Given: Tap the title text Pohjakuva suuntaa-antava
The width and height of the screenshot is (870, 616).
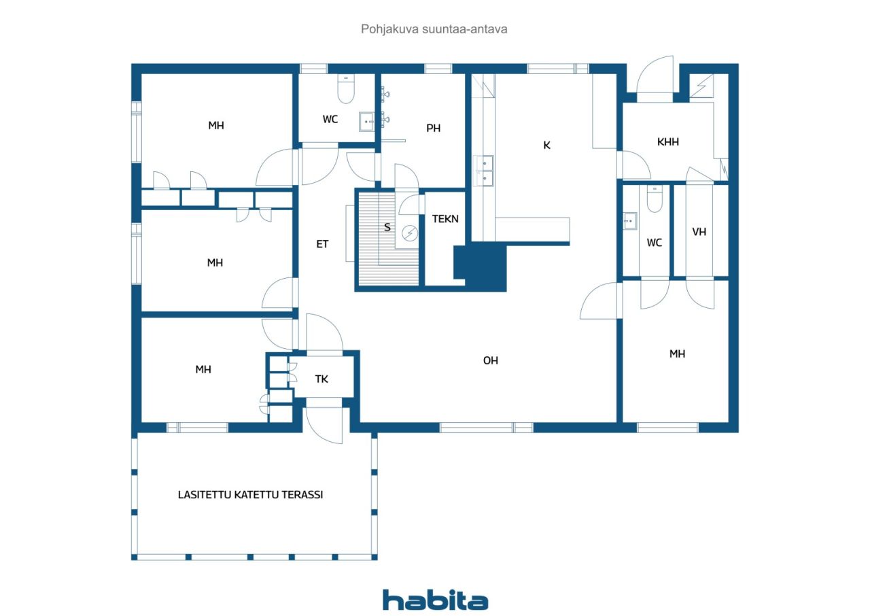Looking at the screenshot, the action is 434,29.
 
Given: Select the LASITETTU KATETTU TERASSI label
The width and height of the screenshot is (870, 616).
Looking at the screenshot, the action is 250,494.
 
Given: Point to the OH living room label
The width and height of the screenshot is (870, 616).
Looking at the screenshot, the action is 490,360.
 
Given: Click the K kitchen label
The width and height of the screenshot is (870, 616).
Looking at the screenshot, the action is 546,146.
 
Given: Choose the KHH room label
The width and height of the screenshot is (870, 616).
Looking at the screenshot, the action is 667,142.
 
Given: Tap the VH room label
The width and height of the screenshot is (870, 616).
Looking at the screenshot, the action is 699,232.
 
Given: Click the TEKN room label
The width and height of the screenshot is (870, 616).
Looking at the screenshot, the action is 445,219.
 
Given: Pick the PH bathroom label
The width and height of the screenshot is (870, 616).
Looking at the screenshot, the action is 433,129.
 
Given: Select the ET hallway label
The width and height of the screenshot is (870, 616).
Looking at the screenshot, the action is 322,244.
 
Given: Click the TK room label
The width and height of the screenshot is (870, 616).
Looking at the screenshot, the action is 321,379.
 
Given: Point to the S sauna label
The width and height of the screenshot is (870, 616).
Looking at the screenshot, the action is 387,227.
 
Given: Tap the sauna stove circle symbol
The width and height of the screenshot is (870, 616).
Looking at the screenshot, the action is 409,233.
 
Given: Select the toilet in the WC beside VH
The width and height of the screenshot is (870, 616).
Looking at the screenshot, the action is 655,199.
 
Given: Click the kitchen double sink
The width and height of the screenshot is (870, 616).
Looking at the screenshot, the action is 485,171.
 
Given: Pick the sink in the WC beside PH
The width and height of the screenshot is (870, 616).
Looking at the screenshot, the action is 366,122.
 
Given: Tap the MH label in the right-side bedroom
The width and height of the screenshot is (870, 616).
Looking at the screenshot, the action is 677,354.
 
